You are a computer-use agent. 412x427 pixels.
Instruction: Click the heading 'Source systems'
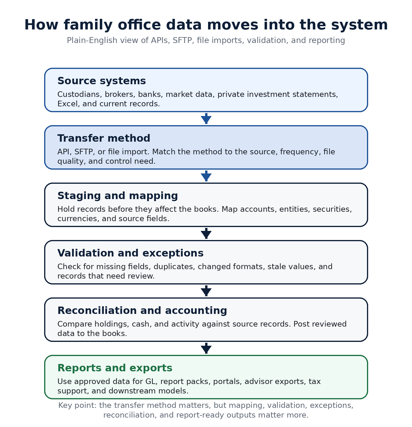[102, 81]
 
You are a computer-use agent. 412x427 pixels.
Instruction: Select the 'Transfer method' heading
[104, 138]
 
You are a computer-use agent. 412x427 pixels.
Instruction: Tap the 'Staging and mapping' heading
[117, 196]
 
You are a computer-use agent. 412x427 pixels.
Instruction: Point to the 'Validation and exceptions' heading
[130, 253]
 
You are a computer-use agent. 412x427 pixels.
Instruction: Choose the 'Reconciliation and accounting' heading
[142, 310]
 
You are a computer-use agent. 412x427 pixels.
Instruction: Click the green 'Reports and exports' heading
[115, 368]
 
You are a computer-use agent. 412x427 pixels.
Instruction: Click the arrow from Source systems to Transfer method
[206, 118]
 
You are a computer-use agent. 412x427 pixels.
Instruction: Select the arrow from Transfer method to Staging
[206, 176]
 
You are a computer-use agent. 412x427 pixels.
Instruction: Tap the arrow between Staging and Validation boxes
[206, 233]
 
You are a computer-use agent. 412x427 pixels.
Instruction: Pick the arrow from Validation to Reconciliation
[206, 291]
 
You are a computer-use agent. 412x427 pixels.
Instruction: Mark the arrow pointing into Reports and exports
[206, 348]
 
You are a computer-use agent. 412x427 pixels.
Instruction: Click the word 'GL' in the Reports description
[151, 382]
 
